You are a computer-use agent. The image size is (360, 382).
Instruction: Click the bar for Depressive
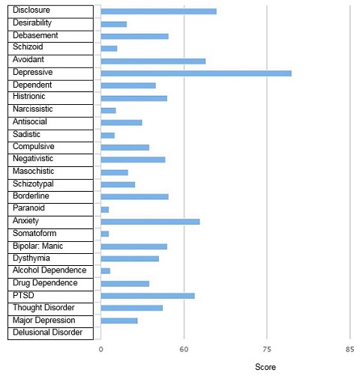[196, 73]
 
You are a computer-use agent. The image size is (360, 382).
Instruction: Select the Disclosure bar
[159, 11]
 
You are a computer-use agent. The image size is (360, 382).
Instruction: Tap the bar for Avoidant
[153, 61]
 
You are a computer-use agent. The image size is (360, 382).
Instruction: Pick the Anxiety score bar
[150, 222]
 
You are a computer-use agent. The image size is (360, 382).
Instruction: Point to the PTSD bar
[148, 296]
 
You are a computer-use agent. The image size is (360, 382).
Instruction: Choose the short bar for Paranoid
[105, 210]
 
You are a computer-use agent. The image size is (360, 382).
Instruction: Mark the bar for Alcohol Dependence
[106, 271]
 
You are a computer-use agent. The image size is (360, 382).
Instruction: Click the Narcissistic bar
[108, 110]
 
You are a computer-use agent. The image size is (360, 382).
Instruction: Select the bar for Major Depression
[119, 321]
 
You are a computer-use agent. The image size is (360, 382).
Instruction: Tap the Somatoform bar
[105, 234]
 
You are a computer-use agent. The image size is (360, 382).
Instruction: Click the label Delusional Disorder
[47, 333]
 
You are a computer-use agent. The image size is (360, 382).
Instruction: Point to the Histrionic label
[29, 96]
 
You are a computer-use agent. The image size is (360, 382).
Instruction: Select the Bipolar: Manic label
[37, 246]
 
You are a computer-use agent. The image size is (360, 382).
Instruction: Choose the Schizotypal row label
[33, 184]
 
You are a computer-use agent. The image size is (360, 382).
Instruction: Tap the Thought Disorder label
[43, 307]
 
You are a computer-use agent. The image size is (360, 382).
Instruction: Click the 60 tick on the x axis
[184, 349]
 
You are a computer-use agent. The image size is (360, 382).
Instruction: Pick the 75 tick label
[267, 349]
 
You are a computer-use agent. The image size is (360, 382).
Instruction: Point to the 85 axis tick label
[349, 349]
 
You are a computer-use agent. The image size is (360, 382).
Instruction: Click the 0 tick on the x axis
[100, 349]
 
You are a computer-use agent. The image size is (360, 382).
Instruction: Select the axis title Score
[265, 367]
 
